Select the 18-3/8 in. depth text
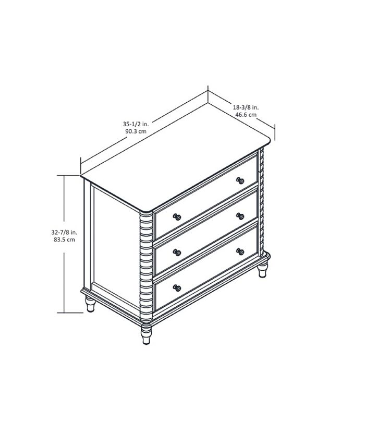pyautogui.click(x=246, y=107)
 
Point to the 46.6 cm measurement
pyautogui.click(x=246, y=114)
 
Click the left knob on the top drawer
pyautogui.click(x=177, y=216)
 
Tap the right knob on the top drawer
pyautogui.click(x=240, y=180)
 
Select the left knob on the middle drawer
pyautogui.click(x=177, y=252)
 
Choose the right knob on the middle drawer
pyautogui.click(x=240, y=216)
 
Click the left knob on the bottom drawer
pyautogui.click(x=177, y=287)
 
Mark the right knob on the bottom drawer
pyautogui.click(x=240, y=251)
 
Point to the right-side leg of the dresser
pyautogui.click(x=262, y=271)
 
